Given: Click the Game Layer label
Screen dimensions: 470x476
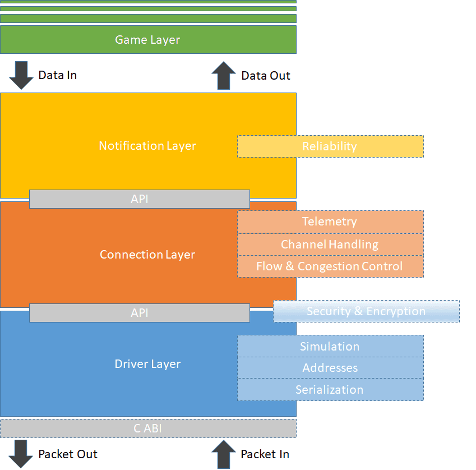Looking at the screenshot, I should (147, 40).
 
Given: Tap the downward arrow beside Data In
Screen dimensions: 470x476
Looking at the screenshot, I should (22, 76).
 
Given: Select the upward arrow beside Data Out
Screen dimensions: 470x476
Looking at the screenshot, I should (224, 76).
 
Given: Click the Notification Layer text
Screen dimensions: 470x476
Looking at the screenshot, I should (147, 146).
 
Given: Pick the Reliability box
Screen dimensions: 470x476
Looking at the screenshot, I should (330, 146).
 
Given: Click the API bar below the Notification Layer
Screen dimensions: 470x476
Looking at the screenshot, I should (139, 199).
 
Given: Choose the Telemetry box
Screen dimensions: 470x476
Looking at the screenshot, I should (330, 222).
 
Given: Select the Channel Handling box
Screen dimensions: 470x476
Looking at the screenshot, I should (330, 245).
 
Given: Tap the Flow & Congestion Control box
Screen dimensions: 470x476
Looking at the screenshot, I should (330, 266).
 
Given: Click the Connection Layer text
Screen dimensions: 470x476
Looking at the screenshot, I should (147, 255).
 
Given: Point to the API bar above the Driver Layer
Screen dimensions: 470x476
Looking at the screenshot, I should (139, 313).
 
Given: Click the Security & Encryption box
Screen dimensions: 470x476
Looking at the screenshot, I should (366, 311).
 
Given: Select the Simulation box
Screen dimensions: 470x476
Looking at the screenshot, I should (330, 346).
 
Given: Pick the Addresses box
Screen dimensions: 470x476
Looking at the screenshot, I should (330, 368).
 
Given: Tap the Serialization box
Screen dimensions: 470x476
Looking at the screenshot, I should (330, 390).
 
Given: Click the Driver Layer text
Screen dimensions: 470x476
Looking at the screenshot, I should (147, 364).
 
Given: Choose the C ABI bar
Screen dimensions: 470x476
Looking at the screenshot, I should (147, 428).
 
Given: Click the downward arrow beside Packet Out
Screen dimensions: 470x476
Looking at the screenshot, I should (22, 454).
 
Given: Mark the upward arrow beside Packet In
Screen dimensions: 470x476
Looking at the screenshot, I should (224, 454).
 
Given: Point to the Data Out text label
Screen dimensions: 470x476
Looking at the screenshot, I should (266, 76).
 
